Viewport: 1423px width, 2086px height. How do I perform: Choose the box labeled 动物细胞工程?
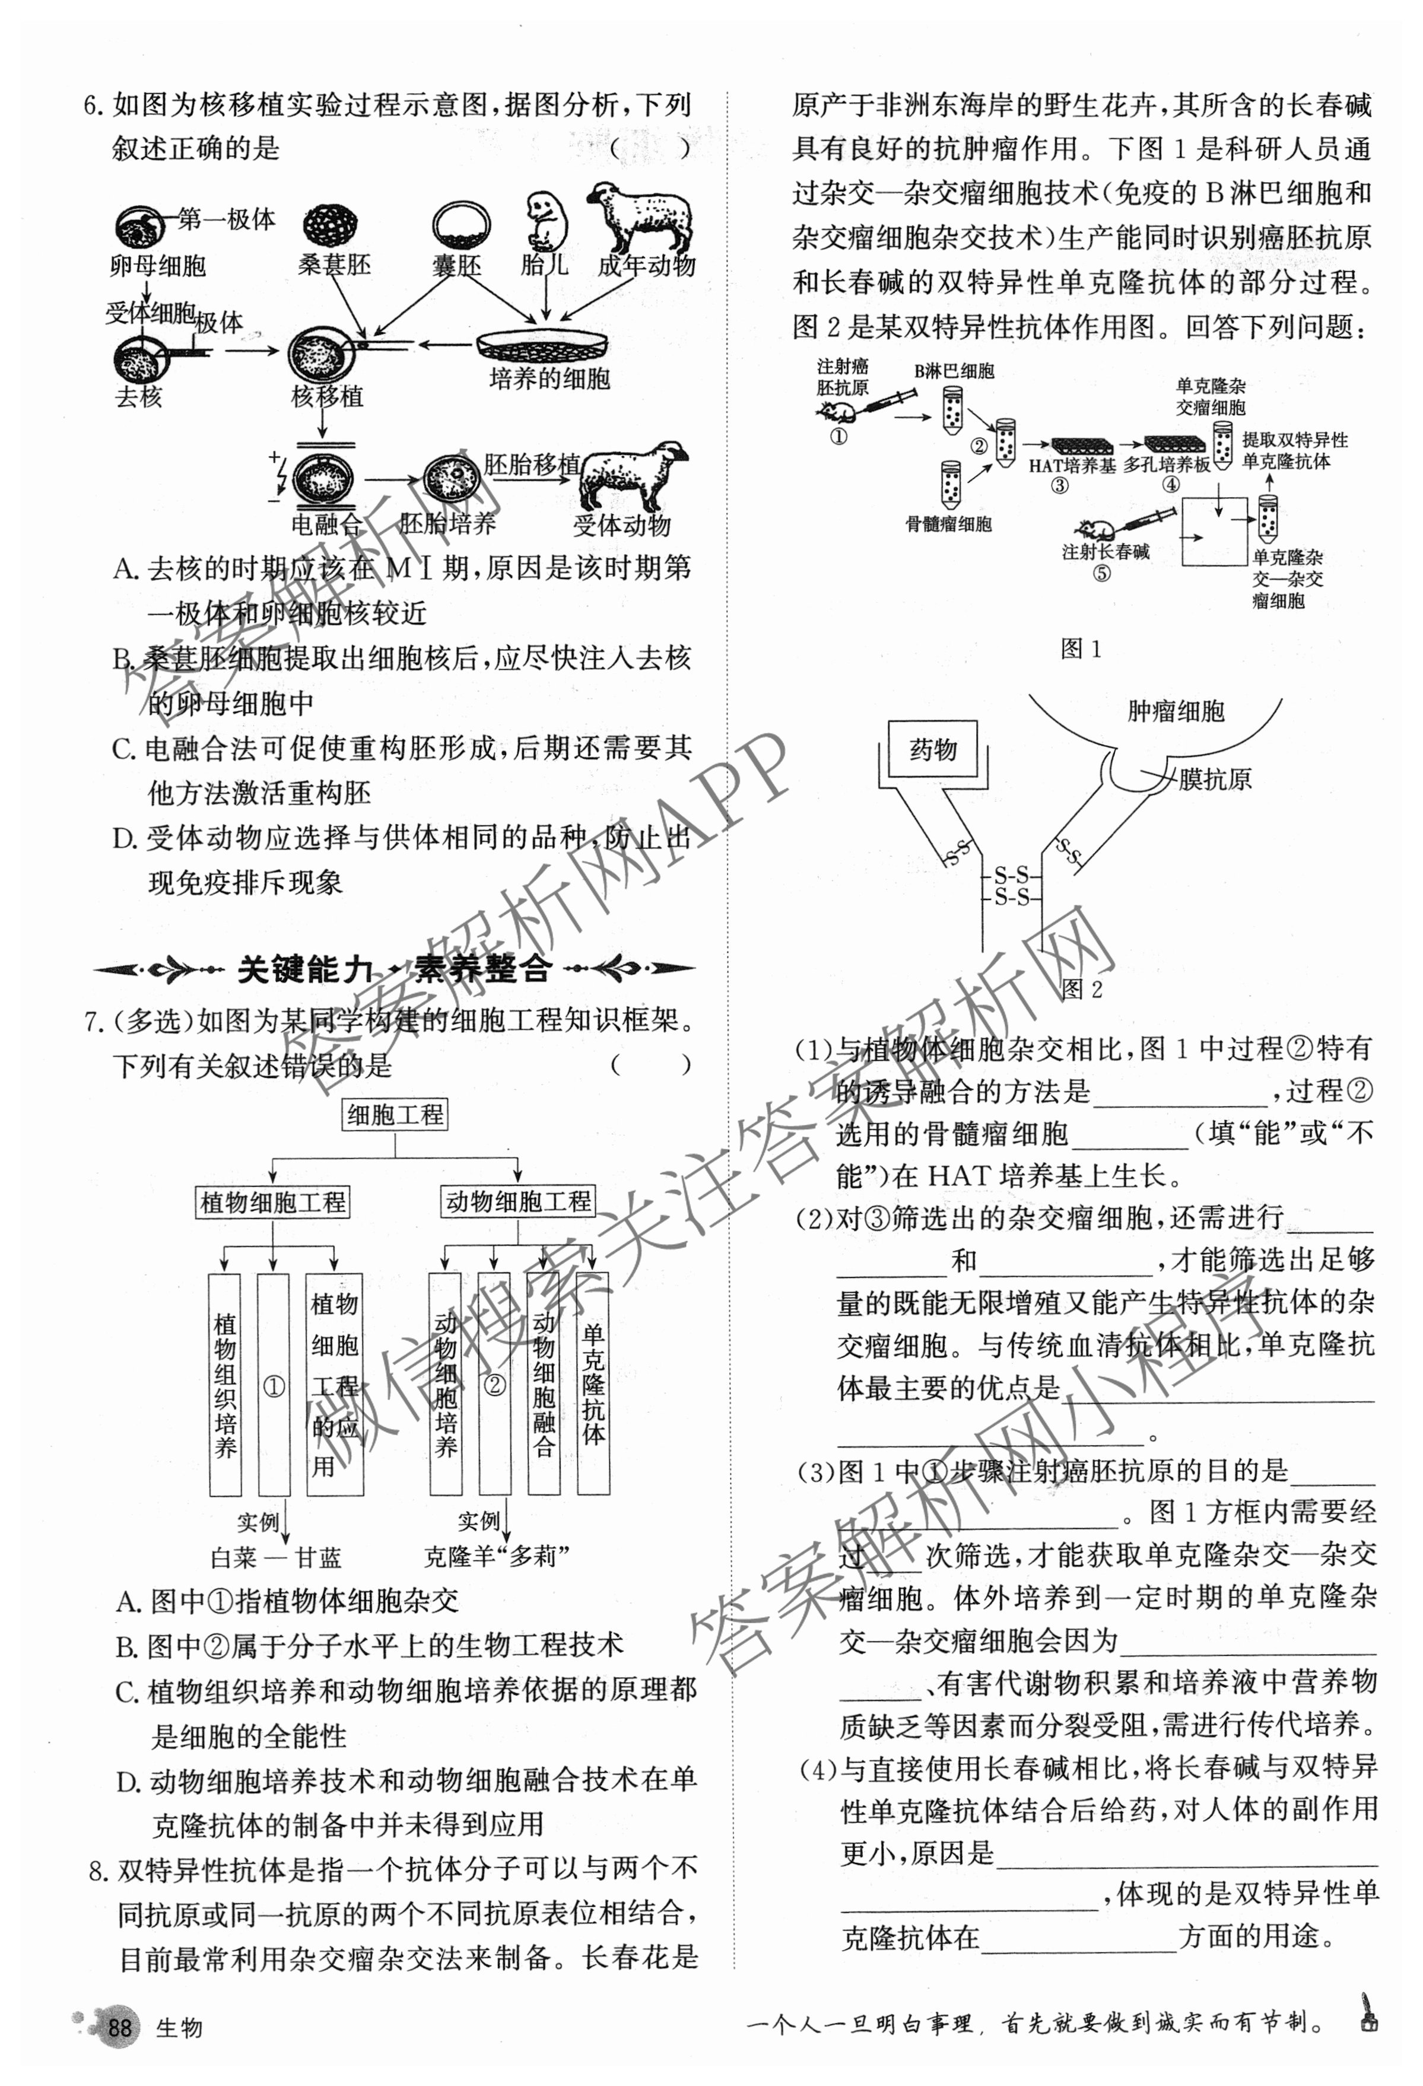pyautogui.click(x=518, y=1201)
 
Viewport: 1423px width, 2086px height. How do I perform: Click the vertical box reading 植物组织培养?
pyautogui.click(x=224, y=1385)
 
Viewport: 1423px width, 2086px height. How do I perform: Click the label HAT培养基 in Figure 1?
pyautogui.click(x=1072, y=465)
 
